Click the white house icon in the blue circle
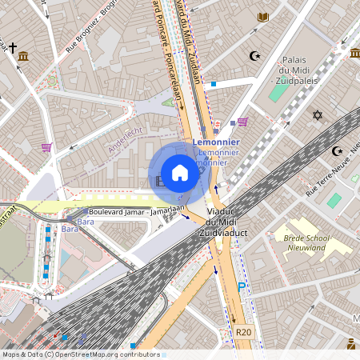[180, 174]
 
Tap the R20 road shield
[244, 332]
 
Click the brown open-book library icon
[262, 18]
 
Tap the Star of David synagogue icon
[317, 116]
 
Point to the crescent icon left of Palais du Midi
[256, 56]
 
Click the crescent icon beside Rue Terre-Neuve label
[336, 150]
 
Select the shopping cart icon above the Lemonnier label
[242, 122]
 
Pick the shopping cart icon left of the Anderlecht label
[46, 147]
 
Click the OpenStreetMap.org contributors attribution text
[106, 354]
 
